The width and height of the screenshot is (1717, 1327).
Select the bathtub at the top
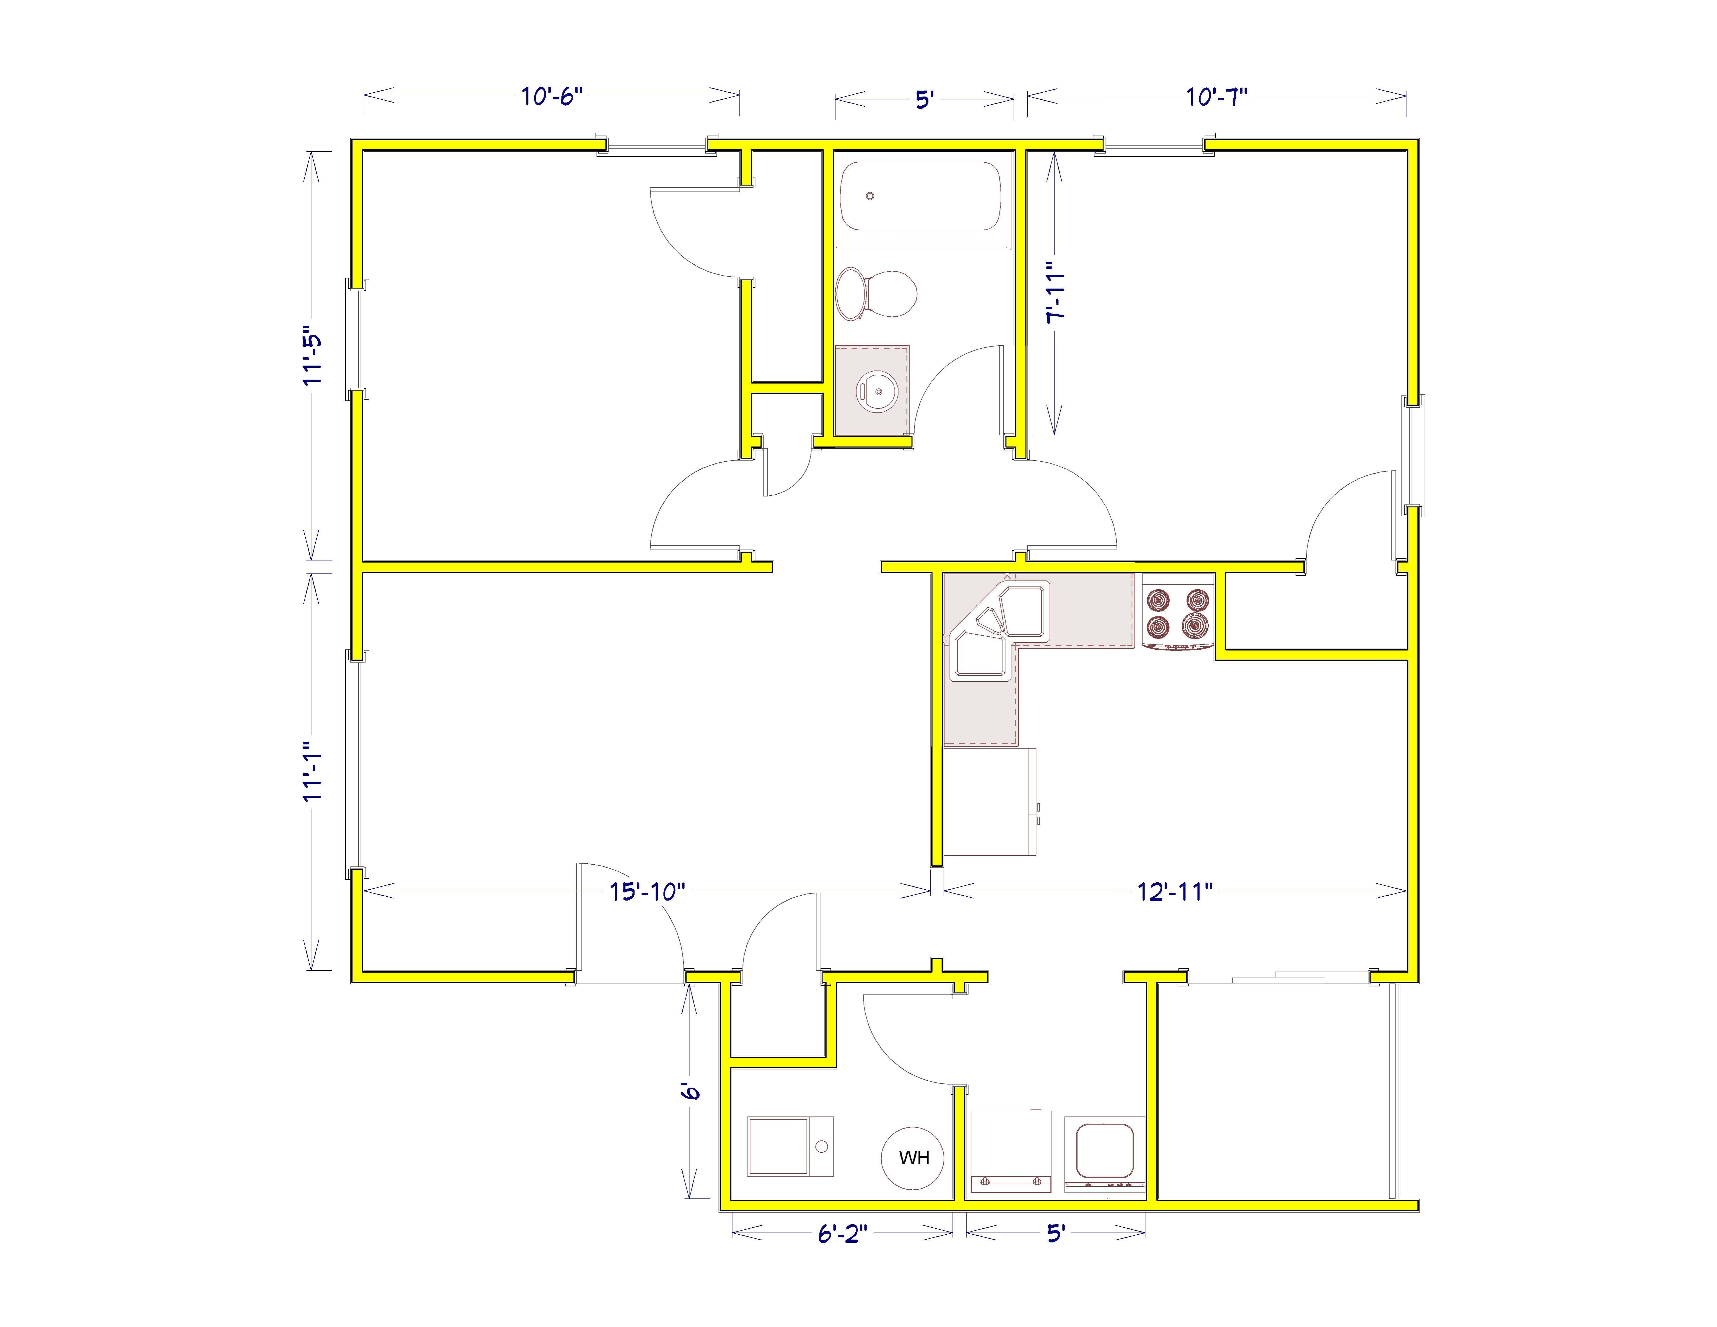tap(920, 196)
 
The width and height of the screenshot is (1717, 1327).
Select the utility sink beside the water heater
tap(790, 1146)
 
